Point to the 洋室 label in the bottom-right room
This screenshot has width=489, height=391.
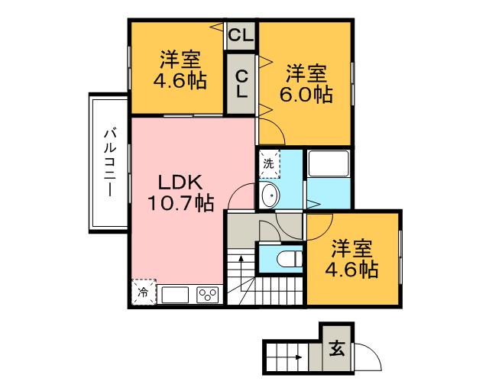352,249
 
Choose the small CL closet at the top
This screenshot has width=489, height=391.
241,35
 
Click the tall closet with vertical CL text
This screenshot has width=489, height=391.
241,82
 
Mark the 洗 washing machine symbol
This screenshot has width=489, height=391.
268,163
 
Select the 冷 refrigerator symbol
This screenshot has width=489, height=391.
143,292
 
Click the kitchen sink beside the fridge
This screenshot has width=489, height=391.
173,293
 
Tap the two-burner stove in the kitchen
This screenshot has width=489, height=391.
207,293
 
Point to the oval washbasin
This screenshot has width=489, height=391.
269,196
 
